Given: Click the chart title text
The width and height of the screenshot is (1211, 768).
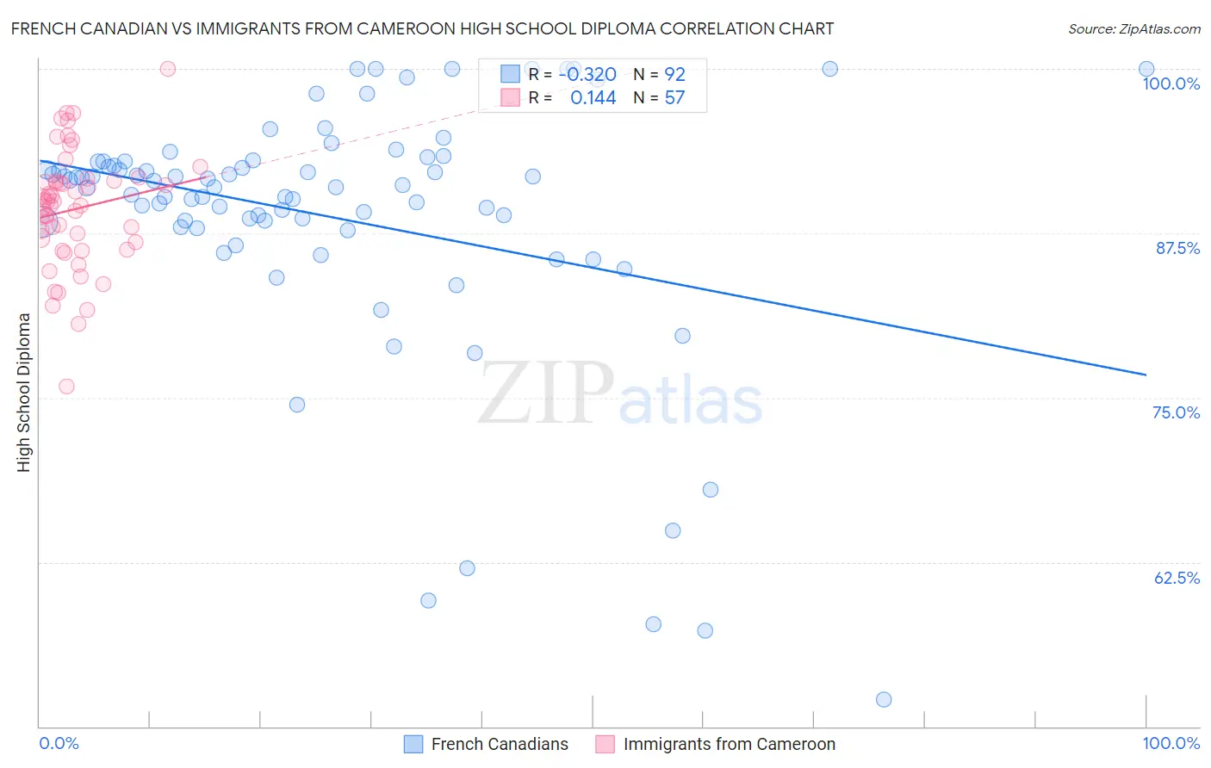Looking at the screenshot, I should (x=422, y=28).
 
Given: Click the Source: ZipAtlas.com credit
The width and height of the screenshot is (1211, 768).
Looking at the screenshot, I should (x=1133, y=29).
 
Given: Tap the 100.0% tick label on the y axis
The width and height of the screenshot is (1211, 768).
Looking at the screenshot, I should (x=1171, y=84).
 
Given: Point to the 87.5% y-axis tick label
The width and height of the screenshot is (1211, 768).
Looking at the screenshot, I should (x=1177, y=248).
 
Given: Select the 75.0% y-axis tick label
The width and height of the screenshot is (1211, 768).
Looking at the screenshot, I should (x=1176, y=412).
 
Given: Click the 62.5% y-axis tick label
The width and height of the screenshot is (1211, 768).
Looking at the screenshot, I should (x=1177, y=578).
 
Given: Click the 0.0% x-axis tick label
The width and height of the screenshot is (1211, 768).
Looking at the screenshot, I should (x=59, y=743).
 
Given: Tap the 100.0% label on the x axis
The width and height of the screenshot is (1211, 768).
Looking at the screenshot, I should (x=1171, y=743).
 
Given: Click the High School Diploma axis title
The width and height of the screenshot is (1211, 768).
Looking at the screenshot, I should (x=24, y=392).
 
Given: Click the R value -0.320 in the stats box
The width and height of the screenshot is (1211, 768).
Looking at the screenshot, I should (x=587, y=75).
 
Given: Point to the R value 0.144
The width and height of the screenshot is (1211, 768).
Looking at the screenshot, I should (x=593, y=98).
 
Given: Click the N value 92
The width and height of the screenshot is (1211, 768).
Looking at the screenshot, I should (x=674, y=75).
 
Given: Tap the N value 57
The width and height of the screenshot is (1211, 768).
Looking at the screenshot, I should (x=674, y=98).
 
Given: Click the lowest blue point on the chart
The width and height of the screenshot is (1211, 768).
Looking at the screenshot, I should (x=884, y=699).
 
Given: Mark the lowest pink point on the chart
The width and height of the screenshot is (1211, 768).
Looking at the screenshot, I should (x=66, y=387).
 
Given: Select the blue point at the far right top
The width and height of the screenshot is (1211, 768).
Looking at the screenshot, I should (x=1146, y=69).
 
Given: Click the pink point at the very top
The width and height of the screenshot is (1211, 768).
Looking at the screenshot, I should (x=168, y=69).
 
